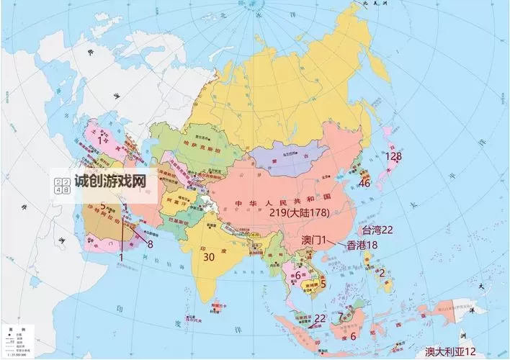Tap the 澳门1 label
coord(314,239)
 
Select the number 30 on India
coord(210,256)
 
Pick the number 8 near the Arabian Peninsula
coord(150,244)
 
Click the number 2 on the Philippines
coord(382,273)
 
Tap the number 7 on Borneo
coord(341,317)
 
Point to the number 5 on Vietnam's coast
coord(323,284)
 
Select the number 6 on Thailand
coord(297,274)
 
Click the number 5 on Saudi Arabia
coord(103,206)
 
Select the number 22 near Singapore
coord(320,318)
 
